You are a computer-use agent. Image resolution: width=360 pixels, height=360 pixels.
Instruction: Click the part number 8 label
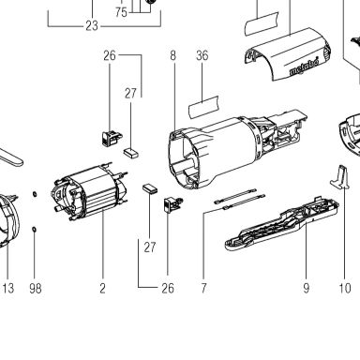[173, 55]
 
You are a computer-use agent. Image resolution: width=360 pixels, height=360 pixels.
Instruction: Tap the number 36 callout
[202, 55]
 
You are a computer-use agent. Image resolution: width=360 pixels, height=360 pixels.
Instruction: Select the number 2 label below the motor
[103, 288]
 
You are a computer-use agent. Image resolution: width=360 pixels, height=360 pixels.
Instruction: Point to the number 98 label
[36, 288]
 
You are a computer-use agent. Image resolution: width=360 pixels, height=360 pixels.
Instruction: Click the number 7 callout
[203, 288]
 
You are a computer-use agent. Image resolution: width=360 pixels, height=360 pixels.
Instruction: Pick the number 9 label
[307, 288]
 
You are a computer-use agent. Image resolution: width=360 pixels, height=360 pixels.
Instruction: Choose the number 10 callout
[345, 288]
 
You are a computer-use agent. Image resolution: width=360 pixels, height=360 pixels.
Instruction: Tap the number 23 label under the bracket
[92, 25]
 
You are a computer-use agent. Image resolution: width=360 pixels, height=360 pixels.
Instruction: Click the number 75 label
[121, 12]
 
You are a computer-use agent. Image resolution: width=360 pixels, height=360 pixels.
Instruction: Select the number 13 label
[8, 288]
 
